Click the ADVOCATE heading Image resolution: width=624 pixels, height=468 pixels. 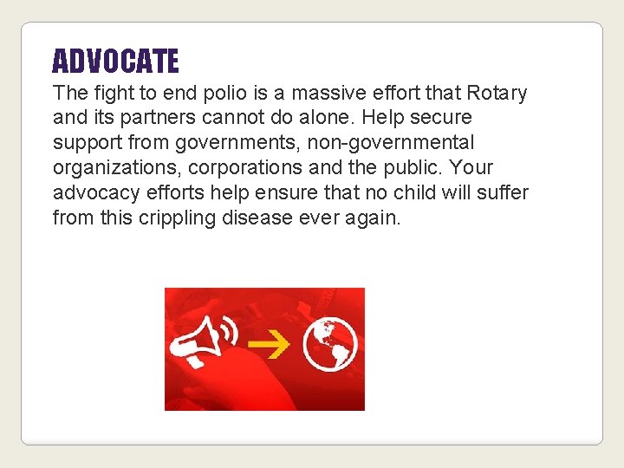coord(115,62)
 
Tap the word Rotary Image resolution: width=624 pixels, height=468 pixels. coord(497,93)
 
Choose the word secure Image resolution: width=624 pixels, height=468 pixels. coord(441,117)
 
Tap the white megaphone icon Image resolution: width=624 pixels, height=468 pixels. coord(205,341)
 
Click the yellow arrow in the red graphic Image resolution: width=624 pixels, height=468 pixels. coord(275,346)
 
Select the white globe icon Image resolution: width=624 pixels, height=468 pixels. coord(330,343)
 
